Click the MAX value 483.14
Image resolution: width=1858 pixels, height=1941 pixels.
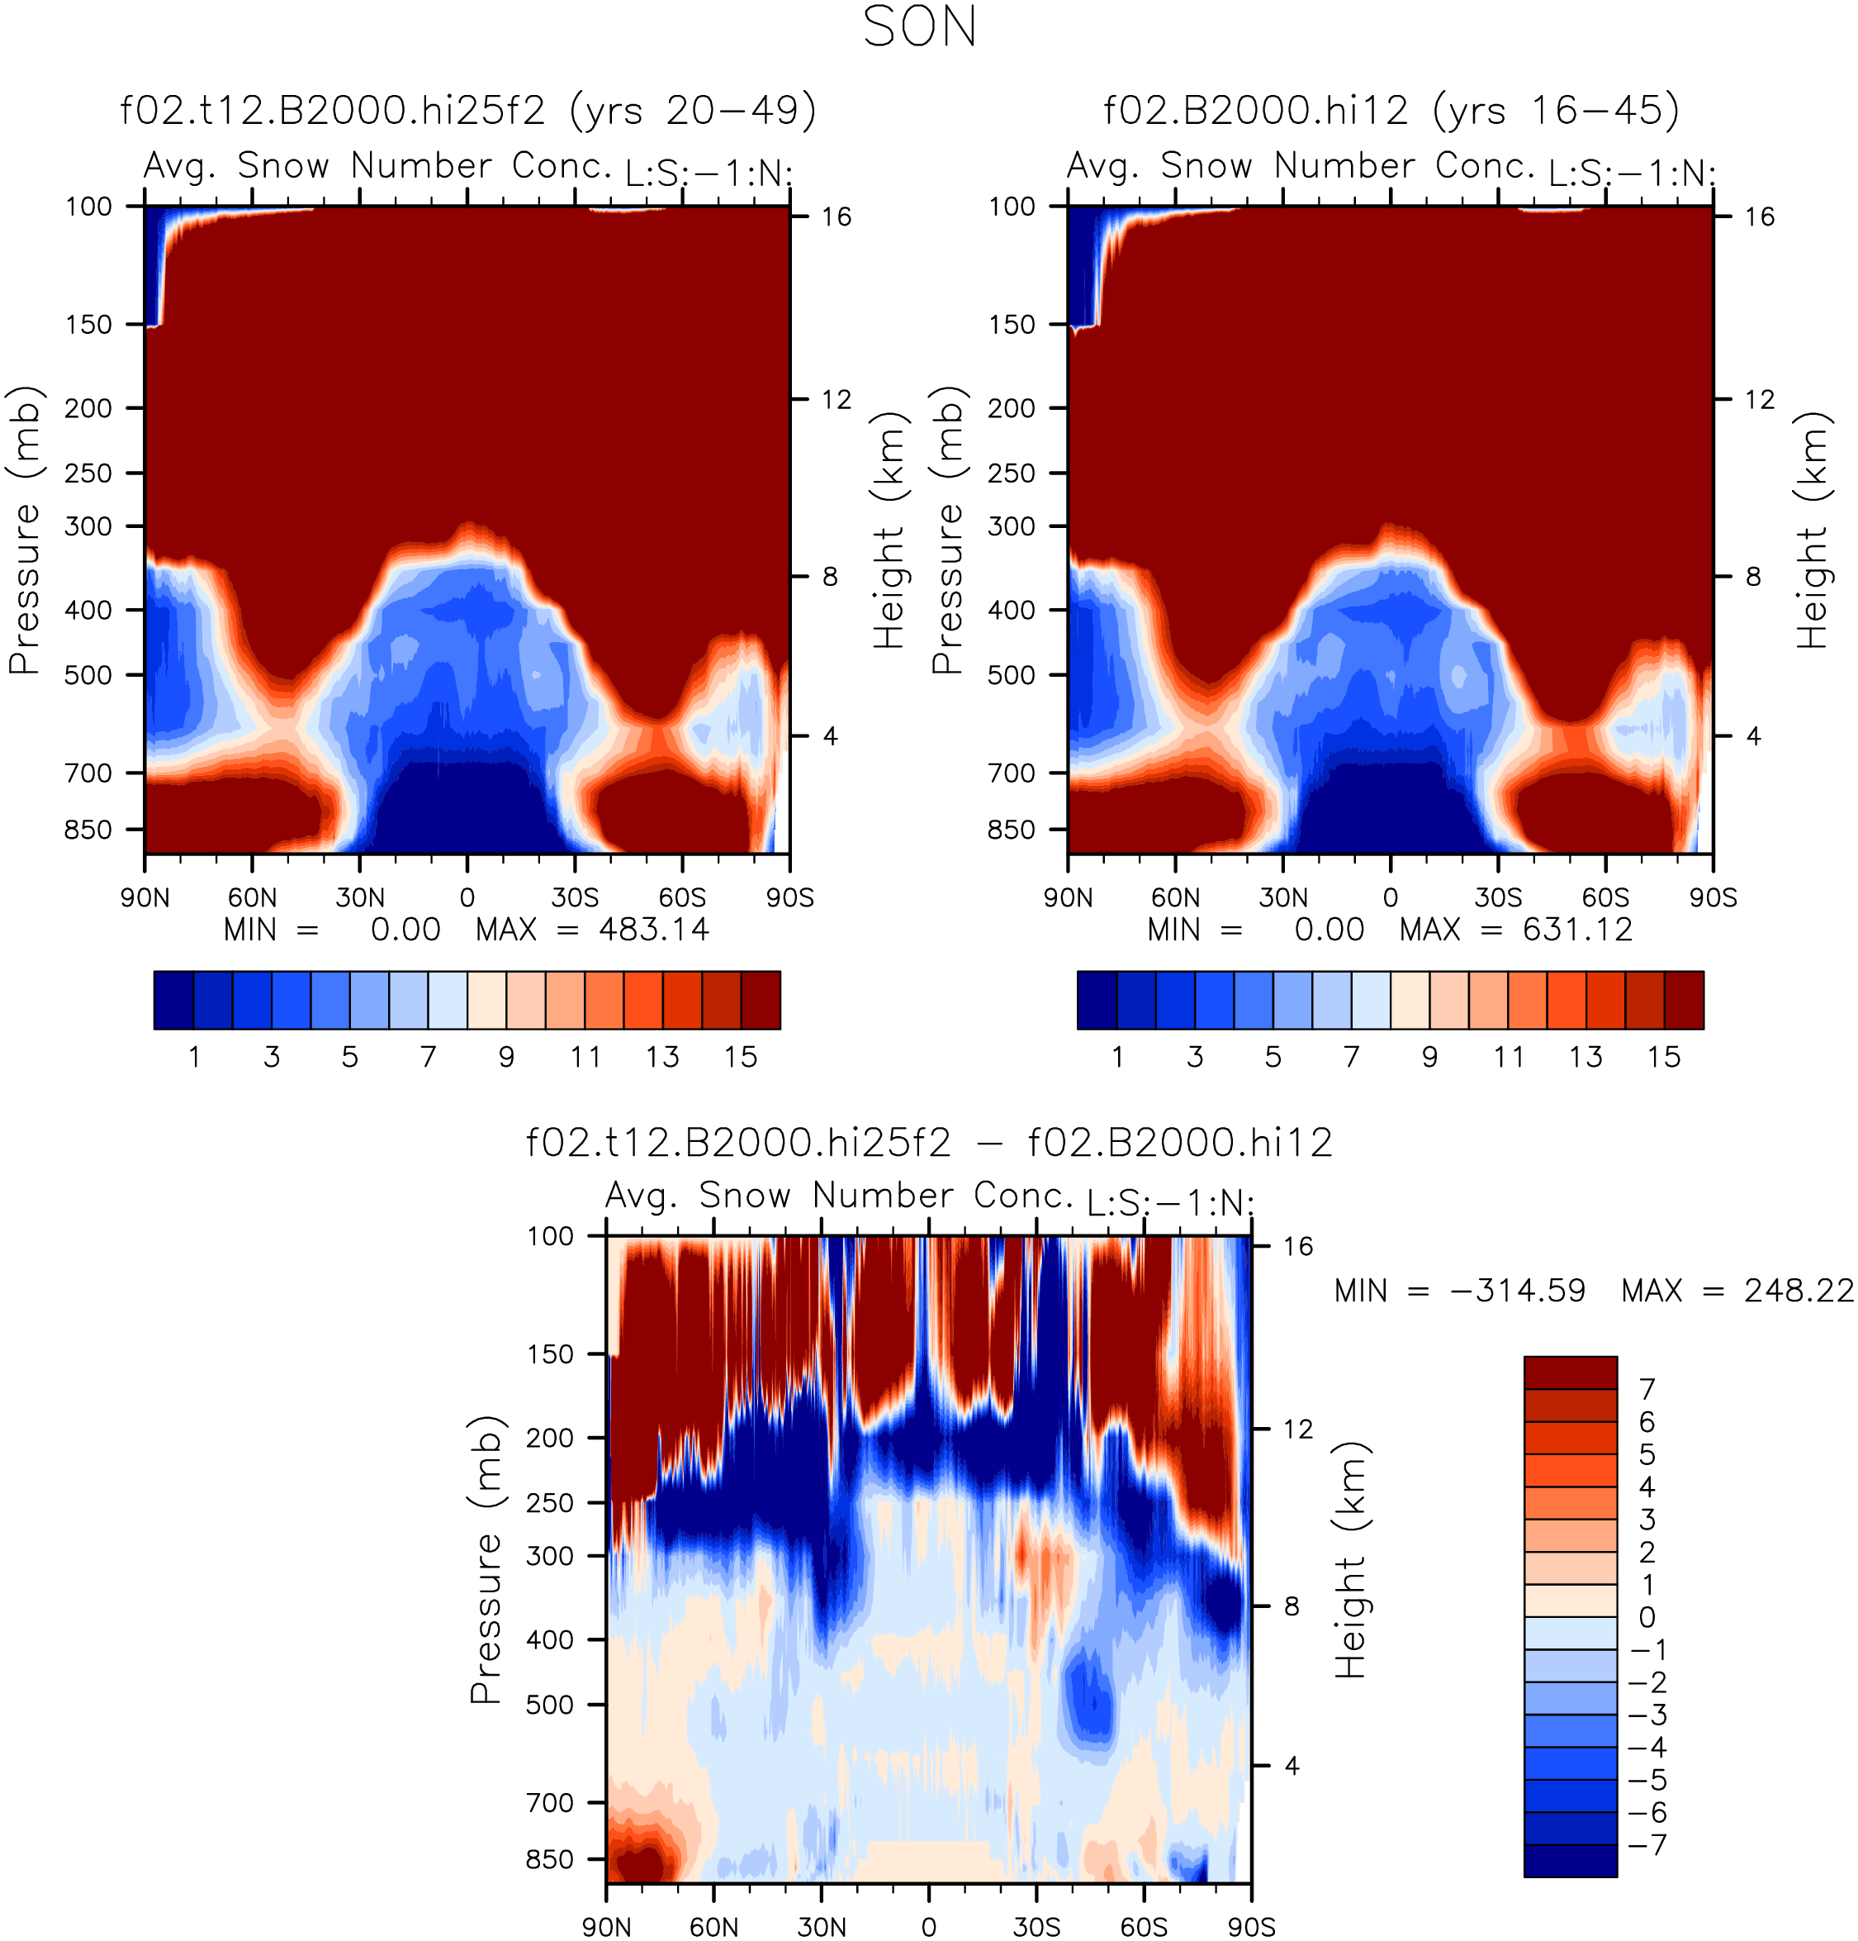(x=653, y=930)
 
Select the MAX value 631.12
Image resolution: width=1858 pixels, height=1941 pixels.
(x=1577, y=930)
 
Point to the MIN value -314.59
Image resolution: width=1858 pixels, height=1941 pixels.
(x=1516, y=1292)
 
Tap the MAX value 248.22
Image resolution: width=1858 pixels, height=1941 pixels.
(x=1799, y=1292)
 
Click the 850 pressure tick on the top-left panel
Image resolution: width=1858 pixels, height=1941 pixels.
(x=89, y=829)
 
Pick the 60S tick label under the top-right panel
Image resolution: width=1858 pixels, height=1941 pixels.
(x=1604, y=898)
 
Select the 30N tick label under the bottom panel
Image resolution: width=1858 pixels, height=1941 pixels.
(x=822, y=1927)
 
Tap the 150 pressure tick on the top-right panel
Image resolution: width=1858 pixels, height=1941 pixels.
(x=1012, y=325)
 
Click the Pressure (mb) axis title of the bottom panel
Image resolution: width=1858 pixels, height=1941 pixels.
(x=485, y=1558)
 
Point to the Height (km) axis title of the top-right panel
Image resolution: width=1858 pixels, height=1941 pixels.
(x=1813, y=530)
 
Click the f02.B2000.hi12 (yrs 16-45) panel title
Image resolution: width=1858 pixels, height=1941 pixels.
(x=1391, y=111)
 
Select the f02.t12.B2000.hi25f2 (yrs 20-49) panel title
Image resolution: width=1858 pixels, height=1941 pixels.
(x=468, y=111)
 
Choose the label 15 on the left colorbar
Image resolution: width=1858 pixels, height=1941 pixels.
(x=741, y=1058)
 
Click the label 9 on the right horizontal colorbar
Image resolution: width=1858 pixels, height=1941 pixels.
(x=1430, y=1058)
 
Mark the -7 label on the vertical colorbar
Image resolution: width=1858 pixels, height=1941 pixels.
(x=1647, y=1845)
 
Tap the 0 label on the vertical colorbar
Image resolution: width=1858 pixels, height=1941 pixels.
(x=1647, y=1617)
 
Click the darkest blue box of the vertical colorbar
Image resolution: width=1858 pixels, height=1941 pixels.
(x=1570, y=1861)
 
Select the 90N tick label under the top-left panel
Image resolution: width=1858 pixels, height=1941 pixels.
(x=145, y=898)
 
